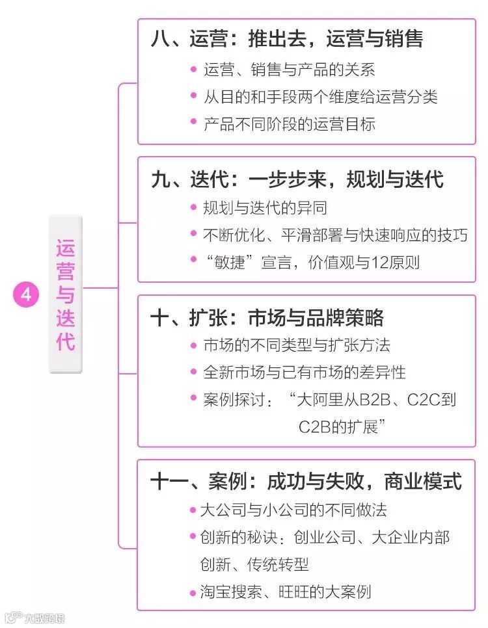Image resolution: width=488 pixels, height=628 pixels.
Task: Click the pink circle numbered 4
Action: tap(26, 294)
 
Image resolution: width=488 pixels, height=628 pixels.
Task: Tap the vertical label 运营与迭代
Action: tap(66, 294)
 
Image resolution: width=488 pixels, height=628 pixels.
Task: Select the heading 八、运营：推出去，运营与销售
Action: tap(286, 39)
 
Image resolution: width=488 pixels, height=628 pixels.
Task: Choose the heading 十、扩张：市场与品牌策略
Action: tap(267, 318)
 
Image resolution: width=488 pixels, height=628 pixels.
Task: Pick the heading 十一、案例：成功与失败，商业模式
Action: tap(306, 482)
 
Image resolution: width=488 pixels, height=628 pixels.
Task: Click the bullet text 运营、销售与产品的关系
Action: tap(289, 70)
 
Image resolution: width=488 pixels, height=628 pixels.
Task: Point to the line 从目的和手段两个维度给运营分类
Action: tap(320, 97)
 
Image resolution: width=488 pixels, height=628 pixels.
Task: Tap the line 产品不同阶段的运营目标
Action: tap(289, 124)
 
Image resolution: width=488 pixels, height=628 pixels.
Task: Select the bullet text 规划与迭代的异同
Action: tap(265, 208)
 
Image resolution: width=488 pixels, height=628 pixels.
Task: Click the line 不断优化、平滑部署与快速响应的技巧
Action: tap(335, 235)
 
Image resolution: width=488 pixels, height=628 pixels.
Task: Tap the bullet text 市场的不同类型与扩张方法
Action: tap(297, 345)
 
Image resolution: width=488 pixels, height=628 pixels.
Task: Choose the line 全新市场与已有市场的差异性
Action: tap(305, 372)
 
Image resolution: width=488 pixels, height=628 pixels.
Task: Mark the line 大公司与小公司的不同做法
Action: tap(293, 510)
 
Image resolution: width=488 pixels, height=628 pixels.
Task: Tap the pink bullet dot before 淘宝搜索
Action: tap(193, 592)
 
